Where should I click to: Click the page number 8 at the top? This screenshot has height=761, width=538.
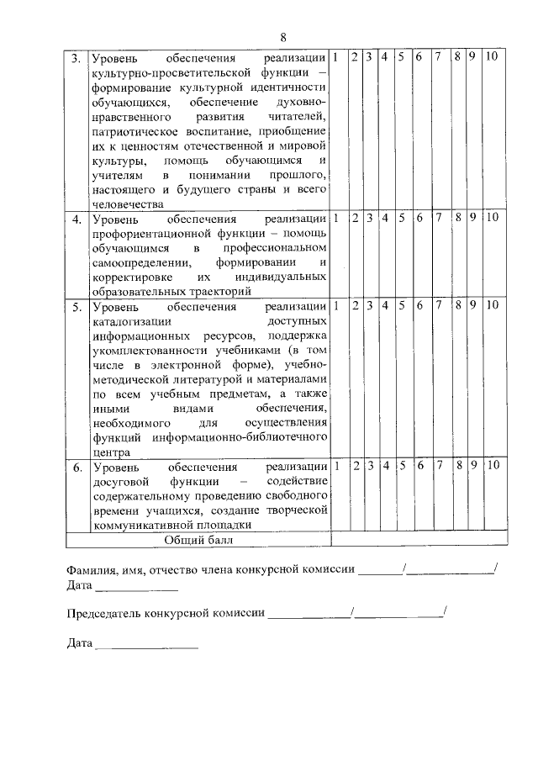[x=283, y=37]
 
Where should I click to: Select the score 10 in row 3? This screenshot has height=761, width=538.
[x=493, y=57]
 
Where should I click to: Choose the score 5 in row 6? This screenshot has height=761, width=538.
[x=402, y=465]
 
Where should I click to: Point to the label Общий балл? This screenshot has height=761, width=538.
[x=200, y=539]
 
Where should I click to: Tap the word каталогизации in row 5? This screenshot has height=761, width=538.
[x=132, y=320]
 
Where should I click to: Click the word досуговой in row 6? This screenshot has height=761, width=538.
[x=119, y=481]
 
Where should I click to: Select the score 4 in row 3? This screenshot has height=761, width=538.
[x=383, y=57]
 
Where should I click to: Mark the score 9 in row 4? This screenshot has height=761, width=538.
[x=474, y=218]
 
